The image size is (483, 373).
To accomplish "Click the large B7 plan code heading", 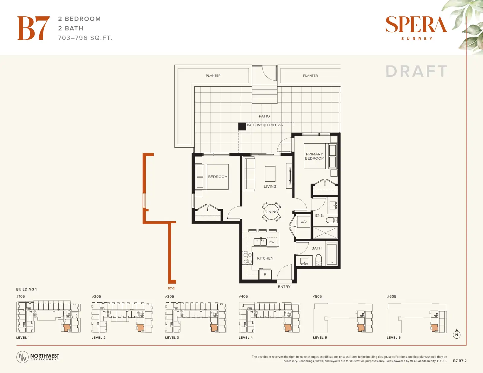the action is pos(33,28).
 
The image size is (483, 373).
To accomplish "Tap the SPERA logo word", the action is pos(416,24).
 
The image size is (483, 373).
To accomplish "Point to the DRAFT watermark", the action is pos(417,71).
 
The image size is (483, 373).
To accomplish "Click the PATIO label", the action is pos(264,116).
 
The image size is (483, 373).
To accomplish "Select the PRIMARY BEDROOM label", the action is pos(315,156).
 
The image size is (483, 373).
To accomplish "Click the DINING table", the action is pos(271,212).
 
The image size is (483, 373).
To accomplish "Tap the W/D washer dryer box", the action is pos(304,222).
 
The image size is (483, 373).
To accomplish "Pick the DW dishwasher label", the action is pos(272,242).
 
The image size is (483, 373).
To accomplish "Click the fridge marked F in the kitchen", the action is pos(265,274).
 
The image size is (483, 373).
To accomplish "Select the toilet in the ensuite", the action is pos(332,220).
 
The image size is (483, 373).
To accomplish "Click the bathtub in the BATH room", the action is pos(332,254).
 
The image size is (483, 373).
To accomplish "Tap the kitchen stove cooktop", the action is pos(248,258).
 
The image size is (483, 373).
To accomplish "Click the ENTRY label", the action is pos(284,287).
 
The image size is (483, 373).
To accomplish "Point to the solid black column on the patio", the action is pos(242,126).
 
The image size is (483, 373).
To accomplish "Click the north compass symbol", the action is pos(456,334).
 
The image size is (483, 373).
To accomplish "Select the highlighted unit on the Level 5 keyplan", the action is pos(360,328).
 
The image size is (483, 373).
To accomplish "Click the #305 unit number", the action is pos(169,296).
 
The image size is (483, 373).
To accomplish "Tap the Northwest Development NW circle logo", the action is pos(22,357).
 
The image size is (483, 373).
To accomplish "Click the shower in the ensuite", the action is pos(325,233).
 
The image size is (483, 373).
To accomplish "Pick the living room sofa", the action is pos(249,174).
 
